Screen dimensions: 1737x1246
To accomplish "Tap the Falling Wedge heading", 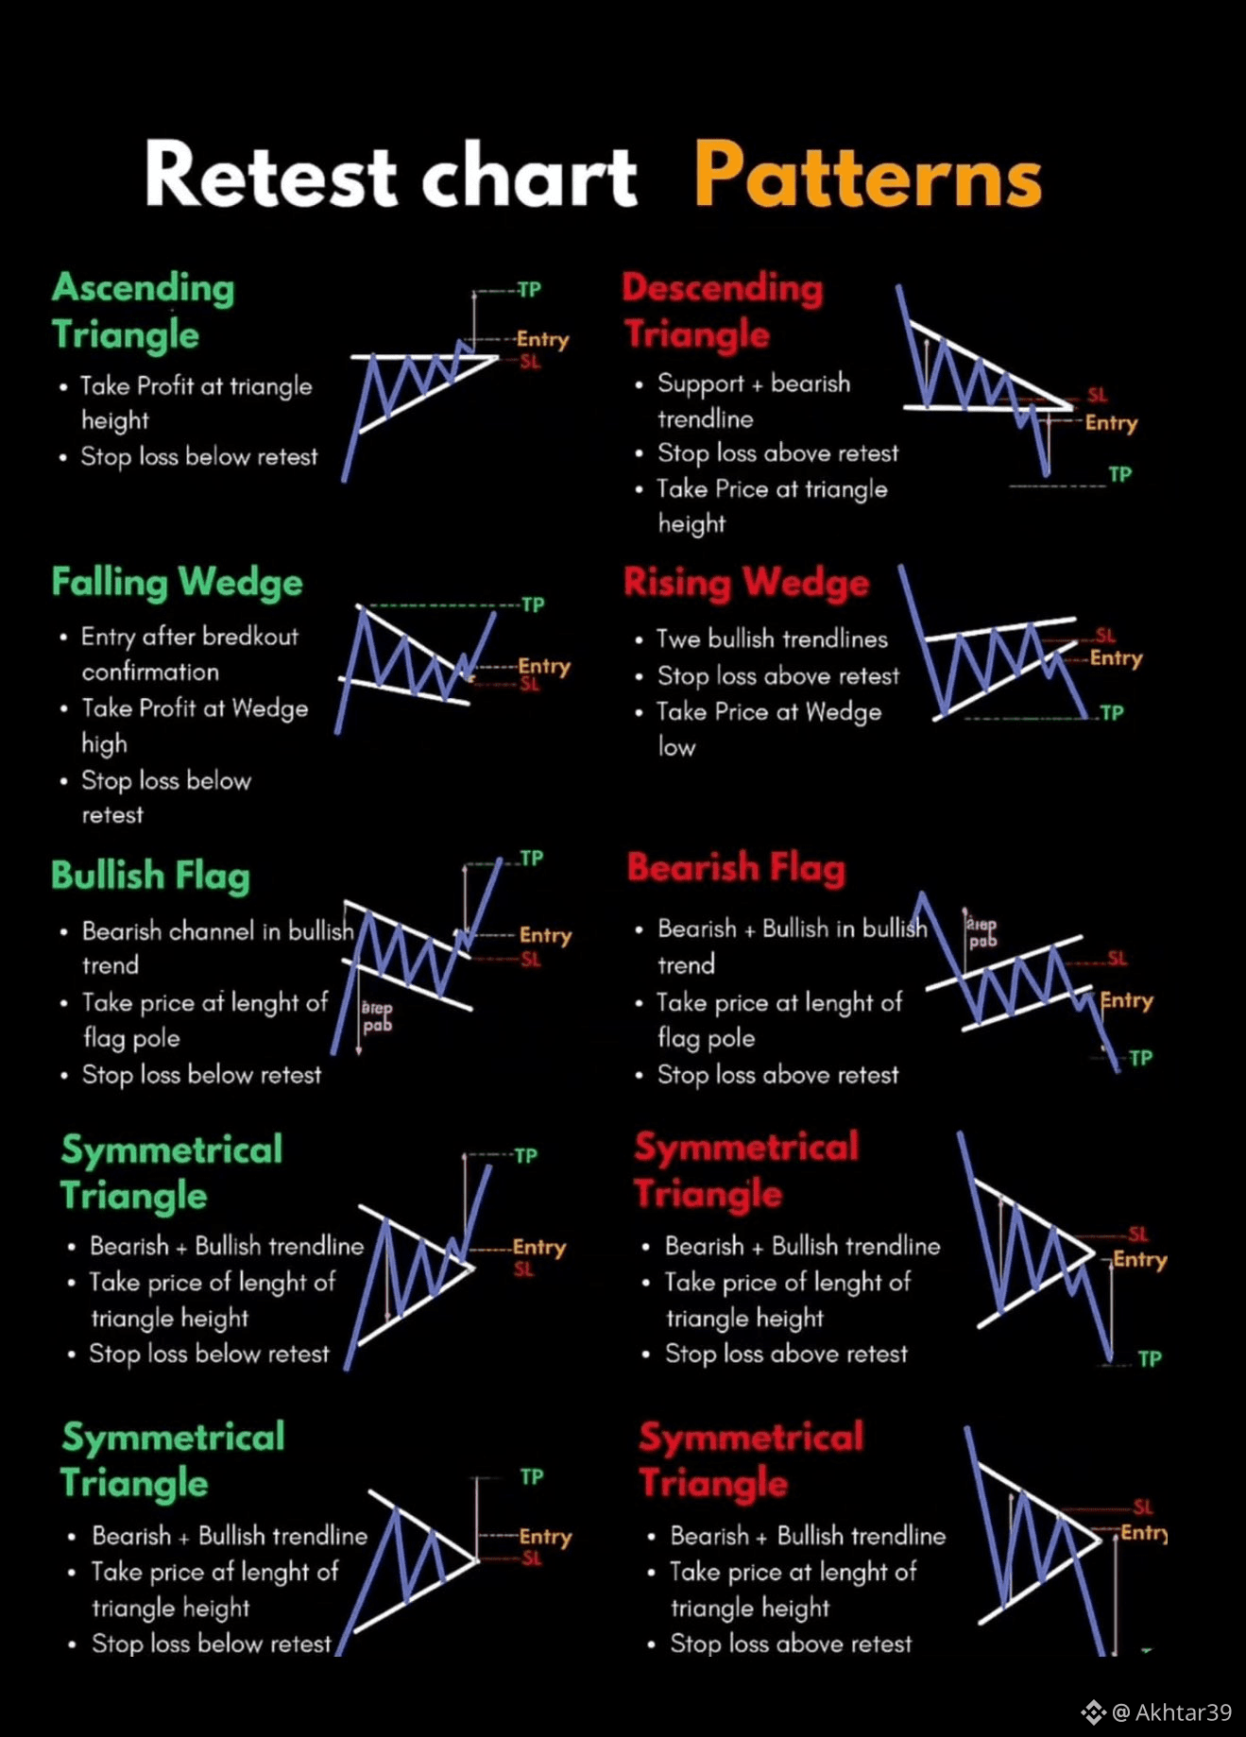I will [177, 583].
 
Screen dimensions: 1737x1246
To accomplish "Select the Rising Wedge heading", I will [745, 583].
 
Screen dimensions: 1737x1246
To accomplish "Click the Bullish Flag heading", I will [150, 876].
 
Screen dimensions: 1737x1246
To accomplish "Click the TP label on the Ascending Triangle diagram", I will [529, 290].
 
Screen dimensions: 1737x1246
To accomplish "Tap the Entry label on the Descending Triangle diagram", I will [1111, 423].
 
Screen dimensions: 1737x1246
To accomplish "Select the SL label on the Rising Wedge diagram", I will [1105, 635].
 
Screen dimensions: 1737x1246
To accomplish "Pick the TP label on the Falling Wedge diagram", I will [533, 605].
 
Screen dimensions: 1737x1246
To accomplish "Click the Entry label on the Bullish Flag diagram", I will [545, 935].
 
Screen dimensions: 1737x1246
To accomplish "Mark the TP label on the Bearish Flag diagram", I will [1140, 1058].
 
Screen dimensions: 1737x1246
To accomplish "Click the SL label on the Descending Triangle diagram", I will [1097, 395].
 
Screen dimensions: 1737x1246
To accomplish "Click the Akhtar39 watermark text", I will [1183, 1712].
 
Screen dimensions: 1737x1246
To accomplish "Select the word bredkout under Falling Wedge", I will [250, 637].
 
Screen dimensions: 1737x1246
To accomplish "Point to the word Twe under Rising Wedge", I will [678, 639].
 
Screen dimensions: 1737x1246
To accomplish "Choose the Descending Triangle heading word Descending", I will [723, 288].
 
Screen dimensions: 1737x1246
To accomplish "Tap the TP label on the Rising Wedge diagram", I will [1112, 713].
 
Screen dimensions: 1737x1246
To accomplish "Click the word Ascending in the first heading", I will [144, 288].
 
